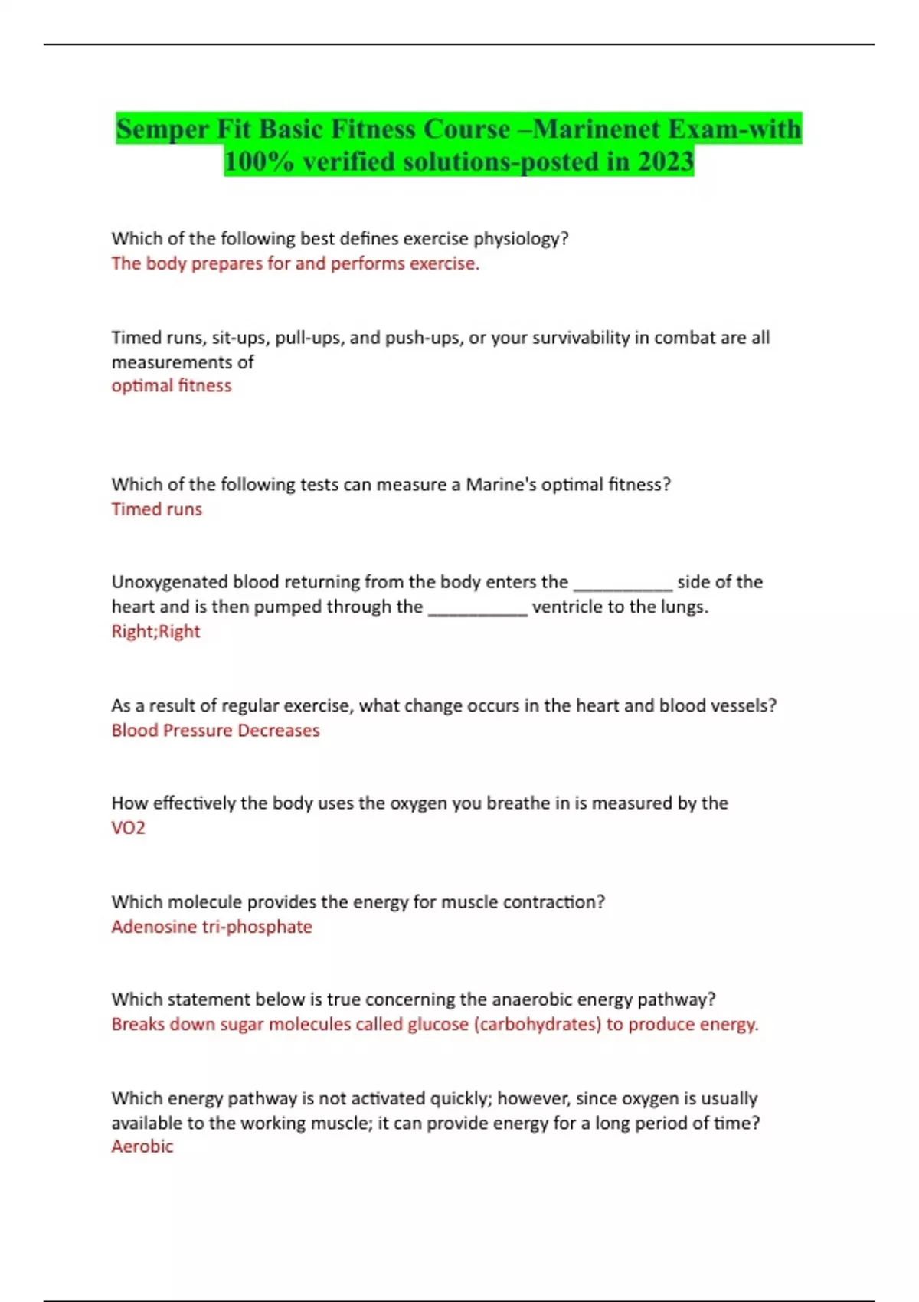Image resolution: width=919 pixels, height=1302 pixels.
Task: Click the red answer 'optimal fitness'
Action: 171,385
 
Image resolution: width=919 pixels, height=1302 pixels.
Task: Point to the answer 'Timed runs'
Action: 156,509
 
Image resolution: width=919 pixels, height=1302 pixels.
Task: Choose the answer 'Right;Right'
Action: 155,631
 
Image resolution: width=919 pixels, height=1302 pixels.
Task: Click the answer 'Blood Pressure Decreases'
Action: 215,730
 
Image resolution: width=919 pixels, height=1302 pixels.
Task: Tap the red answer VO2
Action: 128,828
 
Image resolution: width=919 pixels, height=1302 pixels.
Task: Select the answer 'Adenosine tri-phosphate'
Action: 211,927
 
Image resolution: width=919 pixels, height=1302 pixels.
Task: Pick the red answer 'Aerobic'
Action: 142,1147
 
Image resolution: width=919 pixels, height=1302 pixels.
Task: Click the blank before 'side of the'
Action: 623,584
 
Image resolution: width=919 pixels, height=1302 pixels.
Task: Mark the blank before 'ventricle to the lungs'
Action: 477,608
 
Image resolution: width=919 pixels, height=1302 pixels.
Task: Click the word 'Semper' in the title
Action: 163,129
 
